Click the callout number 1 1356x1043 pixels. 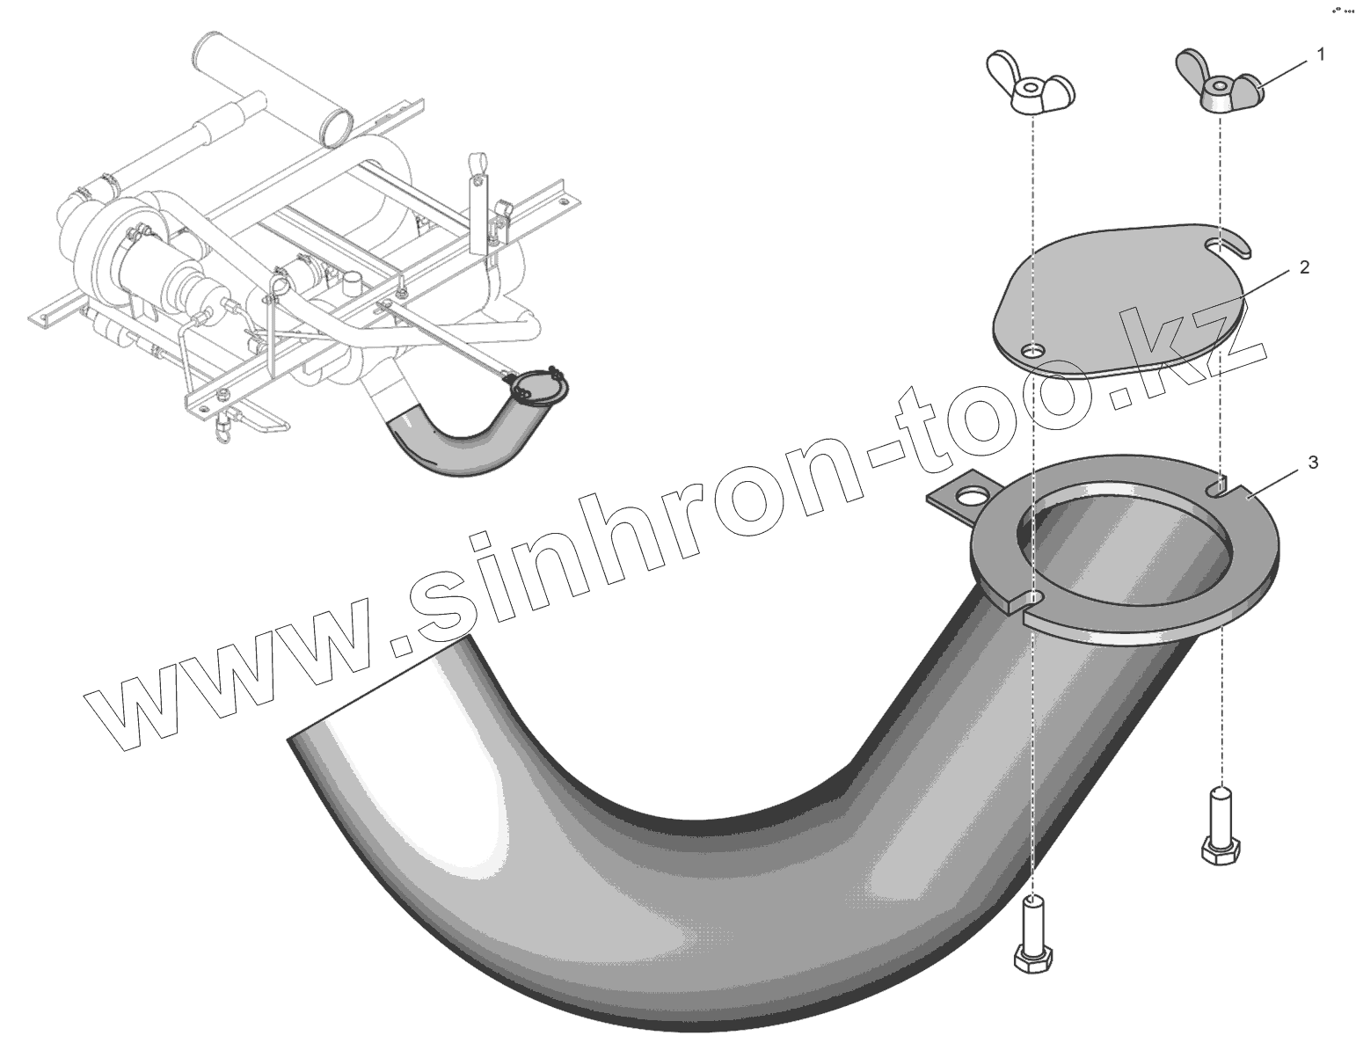pos(1320,55)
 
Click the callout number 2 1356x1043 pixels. pos(1304,267)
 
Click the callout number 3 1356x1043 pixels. pos(1313,463)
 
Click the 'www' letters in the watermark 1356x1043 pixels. pos(246,677)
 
